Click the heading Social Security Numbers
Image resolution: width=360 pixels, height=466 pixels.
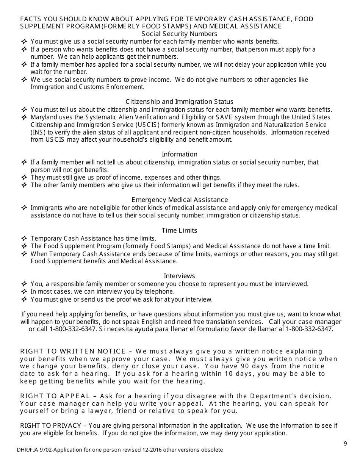(179, 34)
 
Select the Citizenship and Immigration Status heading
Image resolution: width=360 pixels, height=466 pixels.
(179, 102)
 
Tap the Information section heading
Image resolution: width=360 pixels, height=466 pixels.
(179, 154)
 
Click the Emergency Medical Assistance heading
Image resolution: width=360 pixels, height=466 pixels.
(179, 200)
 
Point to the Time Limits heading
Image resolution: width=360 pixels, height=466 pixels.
(179, 230)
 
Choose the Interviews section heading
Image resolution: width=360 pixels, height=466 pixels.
(179, 276)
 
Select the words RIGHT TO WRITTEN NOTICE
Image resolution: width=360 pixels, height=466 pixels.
(73, 351)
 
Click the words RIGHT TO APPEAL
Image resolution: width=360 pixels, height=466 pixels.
(55, 396)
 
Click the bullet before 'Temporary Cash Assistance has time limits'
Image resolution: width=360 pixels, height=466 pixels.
(24, 239)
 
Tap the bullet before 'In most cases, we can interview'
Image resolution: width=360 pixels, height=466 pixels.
(24, 292)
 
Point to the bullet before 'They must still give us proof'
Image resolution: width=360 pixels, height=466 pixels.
(24, 177)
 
